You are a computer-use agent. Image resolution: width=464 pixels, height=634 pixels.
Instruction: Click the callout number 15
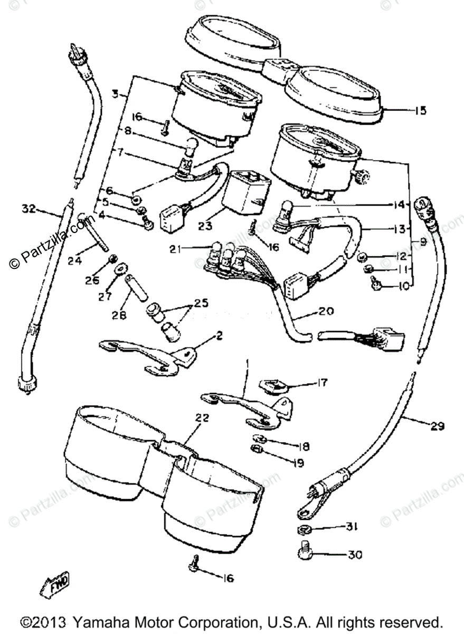tap(421, 111)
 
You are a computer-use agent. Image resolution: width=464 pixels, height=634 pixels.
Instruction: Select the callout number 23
tap(206, 226)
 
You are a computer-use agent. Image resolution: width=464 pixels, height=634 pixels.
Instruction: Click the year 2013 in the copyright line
tap(51, 622)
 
